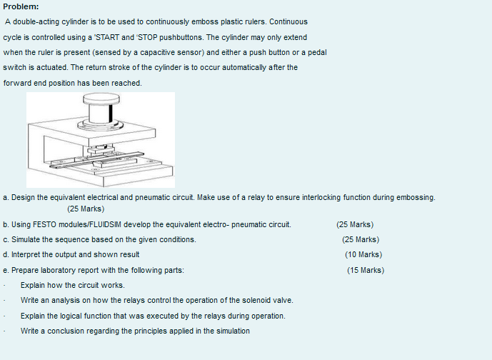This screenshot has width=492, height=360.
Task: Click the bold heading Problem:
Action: click(21, 6)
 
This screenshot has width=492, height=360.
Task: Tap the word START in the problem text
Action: click(107, 37)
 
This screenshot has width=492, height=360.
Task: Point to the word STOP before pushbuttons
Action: click(148, 37)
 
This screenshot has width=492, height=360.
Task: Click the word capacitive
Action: click(158, 52)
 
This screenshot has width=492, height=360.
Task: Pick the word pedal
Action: click(317, 52)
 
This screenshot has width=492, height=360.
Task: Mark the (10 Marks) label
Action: click(363, 254)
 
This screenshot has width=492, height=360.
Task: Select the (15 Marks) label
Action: click(366, 270)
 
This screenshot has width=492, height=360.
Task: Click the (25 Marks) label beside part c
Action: click(361, 239)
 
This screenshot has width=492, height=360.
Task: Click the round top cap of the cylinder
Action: click(101, 98)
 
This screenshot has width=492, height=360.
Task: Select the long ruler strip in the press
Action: click(96, 160)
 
